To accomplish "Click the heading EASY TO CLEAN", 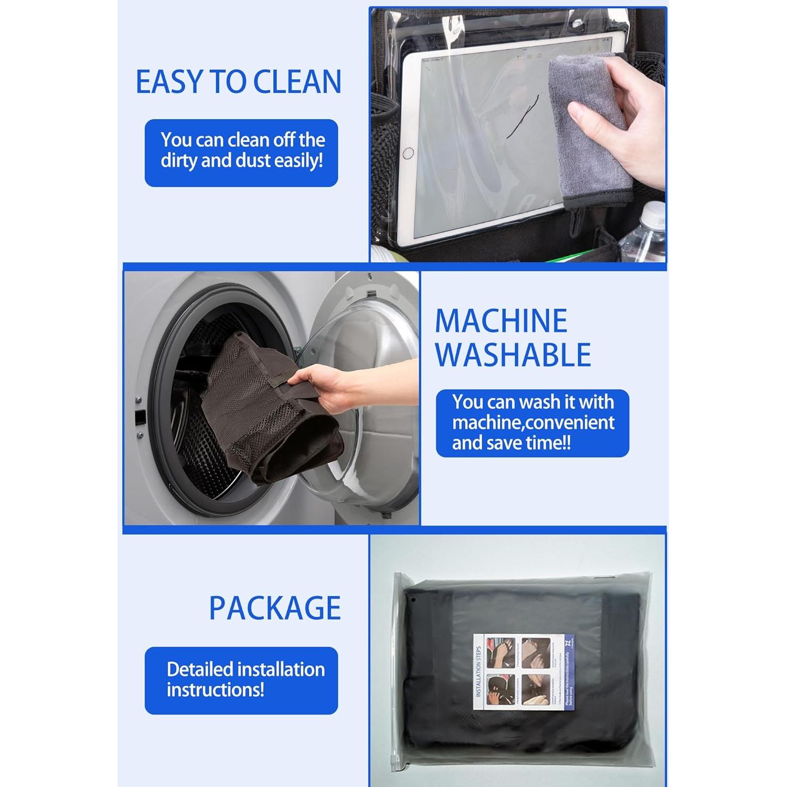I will coord(238,82).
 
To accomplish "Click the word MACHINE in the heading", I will coord(501,321).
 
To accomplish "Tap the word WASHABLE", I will coord(513,355).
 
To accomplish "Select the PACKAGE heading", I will coord(275,608).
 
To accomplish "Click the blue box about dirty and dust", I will coord(241,153).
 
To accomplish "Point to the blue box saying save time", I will coord(532,423).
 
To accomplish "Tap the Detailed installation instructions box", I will coord(241,680).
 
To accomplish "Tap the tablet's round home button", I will coord(408,153).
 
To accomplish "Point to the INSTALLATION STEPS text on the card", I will coord(478,672).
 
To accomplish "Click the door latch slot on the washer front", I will coord(140,418).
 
